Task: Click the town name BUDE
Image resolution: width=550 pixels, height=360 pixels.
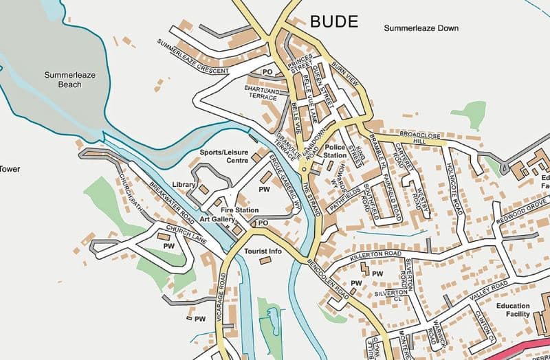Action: coord(334,21)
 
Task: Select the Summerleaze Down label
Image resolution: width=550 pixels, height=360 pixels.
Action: coord(421,29)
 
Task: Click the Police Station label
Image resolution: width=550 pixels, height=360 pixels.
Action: coord(335,151)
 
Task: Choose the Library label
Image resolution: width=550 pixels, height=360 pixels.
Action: coord(184,185)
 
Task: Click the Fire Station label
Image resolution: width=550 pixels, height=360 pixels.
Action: coord(240,210)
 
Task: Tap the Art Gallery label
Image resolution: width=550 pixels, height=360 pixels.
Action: coord(218,219)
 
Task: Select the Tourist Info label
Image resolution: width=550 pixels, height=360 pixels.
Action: coord(263,251)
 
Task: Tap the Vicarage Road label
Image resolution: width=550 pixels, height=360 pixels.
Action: coord(222,297)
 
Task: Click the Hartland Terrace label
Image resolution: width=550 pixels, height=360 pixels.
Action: coord(263,94)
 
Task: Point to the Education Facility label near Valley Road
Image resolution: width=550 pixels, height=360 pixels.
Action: coord(514,310)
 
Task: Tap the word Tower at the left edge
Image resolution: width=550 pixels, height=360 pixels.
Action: coord(10,168)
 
